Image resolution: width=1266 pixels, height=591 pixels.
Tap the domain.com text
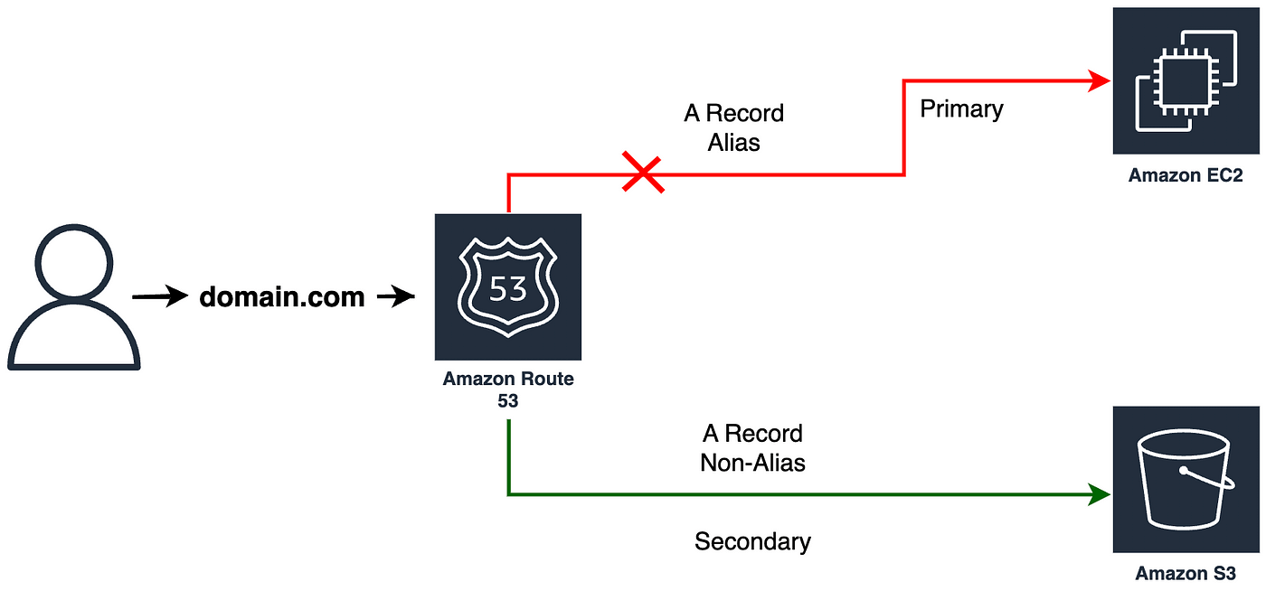281,296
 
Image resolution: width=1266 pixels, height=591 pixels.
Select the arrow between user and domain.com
160,296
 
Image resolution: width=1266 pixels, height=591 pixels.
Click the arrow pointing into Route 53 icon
395,296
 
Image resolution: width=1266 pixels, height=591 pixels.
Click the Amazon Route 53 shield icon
507,287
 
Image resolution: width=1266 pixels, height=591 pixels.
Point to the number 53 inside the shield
507,289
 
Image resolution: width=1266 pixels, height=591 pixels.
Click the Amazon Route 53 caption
507,389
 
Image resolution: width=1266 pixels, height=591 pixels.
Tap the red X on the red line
643,174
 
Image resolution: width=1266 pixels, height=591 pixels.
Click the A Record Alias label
733,127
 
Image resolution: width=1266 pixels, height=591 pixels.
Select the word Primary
961,109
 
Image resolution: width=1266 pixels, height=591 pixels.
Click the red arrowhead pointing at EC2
1101,81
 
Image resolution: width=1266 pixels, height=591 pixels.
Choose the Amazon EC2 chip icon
1186,81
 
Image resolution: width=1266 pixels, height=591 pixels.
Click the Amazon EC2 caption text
1186,175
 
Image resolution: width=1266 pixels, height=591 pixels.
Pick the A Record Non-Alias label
752,448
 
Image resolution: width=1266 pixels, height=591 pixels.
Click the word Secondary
752,541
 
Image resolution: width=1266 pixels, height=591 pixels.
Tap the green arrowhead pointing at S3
1101,494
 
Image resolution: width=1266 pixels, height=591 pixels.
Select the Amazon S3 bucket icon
1186,479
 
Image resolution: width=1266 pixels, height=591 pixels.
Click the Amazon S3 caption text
1186,573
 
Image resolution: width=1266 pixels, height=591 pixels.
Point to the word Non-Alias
752,463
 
